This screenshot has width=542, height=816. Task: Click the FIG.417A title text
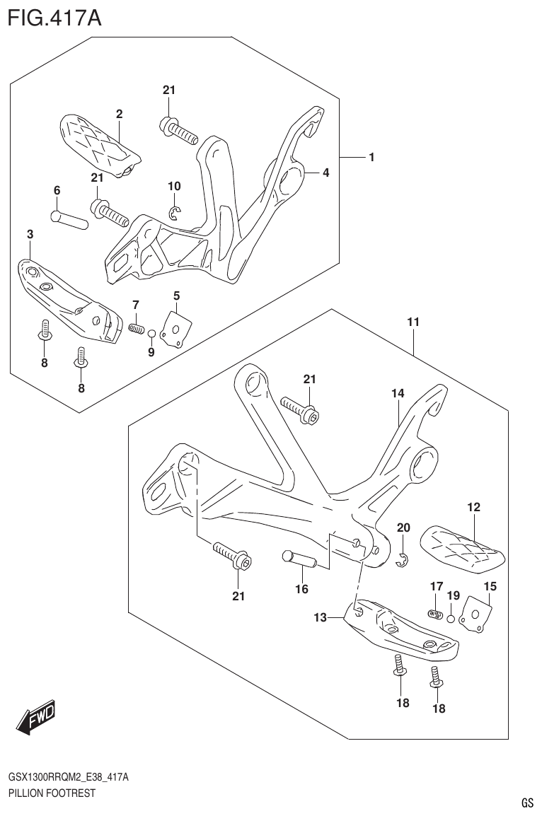(x=54, y=17)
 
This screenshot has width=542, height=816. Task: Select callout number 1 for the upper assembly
(x=371, y=157)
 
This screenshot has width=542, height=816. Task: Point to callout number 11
(x=413, y=322)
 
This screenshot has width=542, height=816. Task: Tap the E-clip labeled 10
(x=175, y=212)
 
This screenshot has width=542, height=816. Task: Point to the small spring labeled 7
(x=137, y=328)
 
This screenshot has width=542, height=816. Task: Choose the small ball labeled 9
(x=151, y=332)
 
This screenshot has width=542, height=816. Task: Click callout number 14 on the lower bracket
(x=397, y=393)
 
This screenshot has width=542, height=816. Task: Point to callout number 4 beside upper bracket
(x=325, y=172)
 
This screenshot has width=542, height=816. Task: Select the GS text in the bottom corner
(x=526, y=803)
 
